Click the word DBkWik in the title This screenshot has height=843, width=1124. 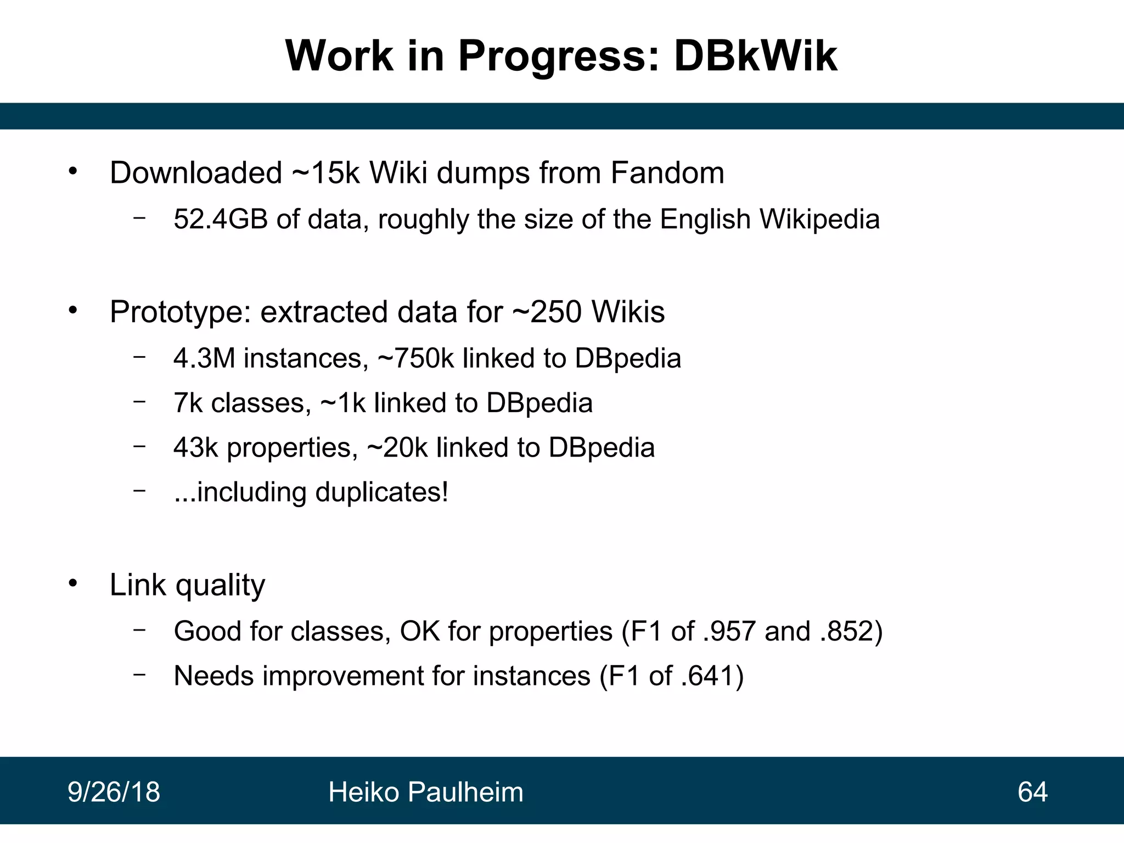point(755,56)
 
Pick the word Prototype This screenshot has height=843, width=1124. point(176,313)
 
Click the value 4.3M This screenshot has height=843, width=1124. point(204,358)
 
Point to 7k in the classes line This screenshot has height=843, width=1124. point(188,403)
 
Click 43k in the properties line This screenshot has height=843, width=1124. point(196,447)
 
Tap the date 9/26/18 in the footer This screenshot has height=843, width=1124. point(114,792)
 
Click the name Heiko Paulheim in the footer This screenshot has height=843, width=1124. point(425,792)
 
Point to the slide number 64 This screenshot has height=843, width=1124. point(1032,792)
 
